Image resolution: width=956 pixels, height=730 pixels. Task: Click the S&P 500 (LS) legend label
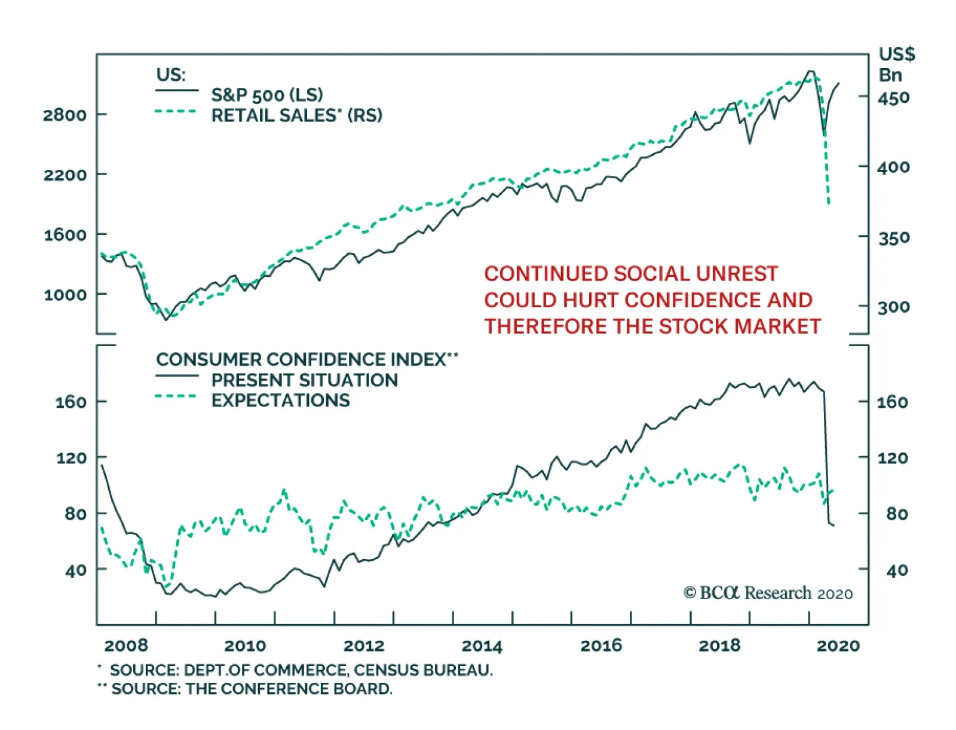coord(267,95)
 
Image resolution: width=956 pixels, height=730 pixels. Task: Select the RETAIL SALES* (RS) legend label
coord(296,115)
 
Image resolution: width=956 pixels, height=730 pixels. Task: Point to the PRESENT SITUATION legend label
coord(304,380)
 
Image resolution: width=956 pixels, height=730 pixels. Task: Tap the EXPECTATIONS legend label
coord(280,401)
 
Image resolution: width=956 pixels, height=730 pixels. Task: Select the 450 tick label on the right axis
coord(893,97)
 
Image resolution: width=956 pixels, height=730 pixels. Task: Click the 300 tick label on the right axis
coord(893,307)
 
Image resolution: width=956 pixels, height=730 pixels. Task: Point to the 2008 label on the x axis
coord(126,646)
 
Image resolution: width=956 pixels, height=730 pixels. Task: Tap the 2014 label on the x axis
coord(482,646)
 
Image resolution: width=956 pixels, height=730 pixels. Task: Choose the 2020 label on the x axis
coord(838,646)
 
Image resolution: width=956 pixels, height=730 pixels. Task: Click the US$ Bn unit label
coord(896,65)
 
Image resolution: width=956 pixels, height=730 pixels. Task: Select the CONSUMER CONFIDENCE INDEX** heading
coord(307,359)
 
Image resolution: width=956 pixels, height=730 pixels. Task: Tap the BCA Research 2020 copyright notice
coord(768,593)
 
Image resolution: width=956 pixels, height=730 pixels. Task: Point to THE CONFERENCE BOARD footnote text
coord(289,689)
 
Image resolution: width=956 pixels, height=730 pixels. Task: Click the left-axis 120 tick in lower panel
coord(72,459)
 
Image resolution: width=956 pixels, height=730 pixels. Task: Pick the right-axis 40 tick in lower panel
coord(897,570)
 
